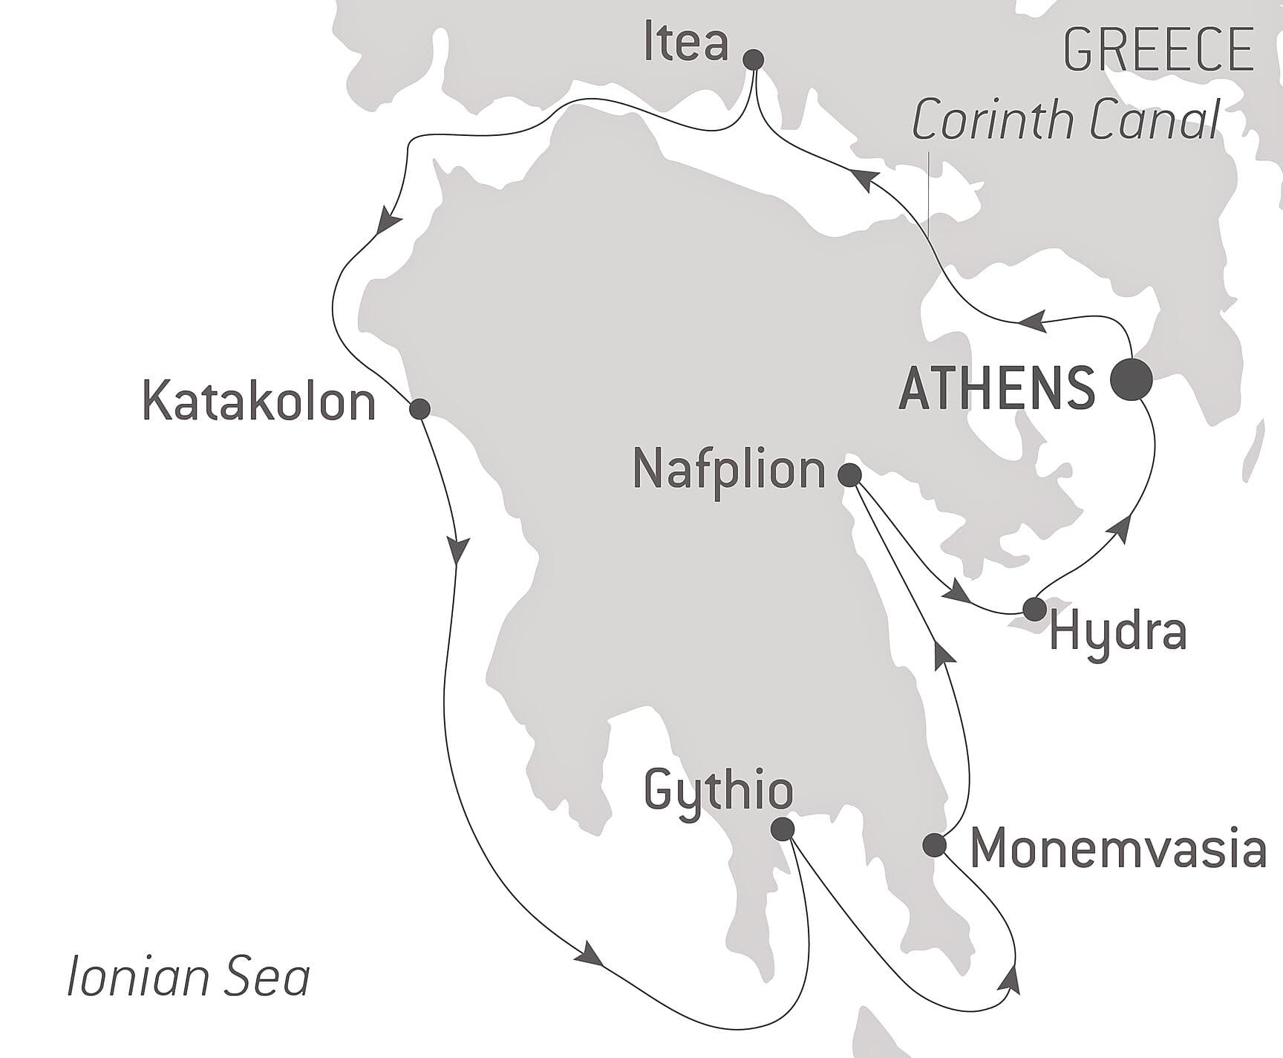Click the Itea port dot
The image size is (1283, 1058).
[754, 59]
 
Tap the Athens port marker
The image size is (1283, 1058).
[1131, 379]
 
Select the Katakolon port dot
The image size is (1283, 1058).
[419, 408]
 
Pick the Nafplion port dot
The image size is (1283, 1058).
[849, 474]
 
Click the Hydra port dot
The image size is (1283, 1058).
[1034, 609]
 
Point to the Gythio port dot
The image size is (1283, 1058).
[783, 829]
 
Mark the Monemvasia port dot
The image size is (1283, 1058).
[935, 845]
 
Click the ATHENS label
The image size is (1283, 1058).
[996, 388]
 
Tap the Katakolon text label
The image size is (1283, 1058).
[258, 402]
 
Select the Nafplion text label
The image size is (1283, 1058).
[728, 471]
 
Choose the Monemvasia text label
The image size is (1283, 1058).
[1118, 848]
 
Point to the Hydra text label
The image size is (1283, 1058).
[1118, 633]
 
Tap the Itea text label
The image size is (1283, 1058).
[686, 43]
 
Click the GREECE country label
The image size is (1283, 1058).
[1159, 50]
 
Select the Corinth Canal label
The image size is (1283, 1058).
[1066, 120]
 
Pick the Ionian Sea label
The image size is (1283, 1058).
[189, 976]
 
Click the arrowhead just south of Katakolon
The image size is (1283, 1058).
[458, 550]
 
